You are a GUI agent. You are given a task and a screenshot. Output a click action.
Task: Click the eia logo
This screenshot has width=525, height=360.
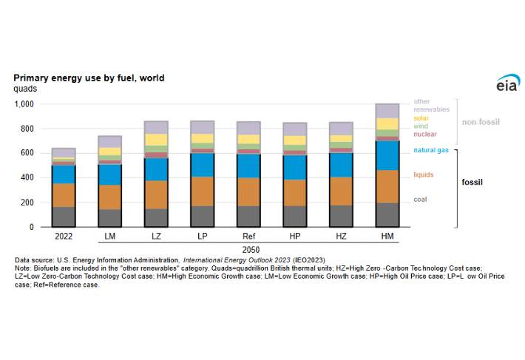pos(507,84)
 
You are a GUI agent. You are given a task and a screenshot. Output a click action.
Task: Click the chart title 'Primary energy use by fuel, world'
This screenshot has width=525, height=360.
pos(89,78)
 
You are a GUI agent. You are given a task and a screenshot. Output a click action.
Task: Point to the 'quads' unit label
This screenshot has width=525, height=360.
pos(25,89)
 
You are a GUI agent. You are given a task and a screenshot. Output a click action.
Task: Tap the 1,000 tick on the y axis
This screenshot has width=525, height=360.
pos(24,104)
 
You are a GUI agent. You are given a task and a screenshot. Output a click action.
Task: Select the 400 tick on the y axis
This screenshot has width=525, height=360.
pos(27,178)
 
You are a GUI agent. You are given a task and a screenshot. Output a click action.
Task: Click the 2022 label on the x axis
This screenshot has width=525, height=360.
pos(64,237)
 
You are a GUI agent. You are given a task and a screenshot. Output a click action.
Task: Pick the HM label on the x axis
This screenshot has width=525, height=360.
pos(387,237)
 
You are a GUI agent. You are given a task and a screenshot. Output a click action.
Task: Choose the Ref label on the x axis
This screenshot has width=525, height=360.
pos(248,237)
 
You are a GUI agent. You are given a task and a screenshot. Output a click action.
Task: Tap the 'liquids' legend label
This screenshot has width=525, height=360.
pos(424,174)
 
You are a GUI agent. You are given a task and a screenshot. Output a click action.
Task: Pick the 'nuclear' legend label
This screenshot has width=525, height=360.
pos(425,134)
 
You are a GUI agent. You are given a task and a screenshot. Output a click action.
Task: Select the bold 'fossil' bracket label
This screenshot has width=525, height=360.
pos(472,182)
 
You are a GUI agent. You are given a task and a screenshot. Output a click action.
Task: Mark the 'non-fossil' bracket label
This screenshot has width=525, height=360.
pos(478,123)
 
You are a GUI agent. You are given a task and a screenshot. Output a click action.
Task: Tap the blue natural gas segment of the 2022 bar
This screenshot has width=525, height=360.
pos(64,174)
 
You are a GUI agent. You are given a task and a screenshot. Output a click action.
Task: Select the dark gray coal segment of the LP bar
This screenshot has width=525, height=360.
pos(202,216)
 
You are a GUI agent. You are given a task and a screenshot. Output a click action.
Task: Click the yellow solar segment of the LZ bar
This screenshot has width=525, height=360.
pos(156,140)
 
